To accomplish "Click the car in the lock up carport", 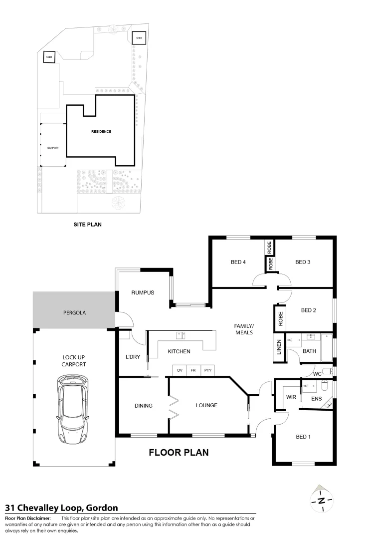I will click(x=73, y=408).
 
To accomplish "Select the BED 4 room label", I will click(x=238, y=262).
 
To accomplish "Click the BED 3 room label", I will click(x=303, y=262).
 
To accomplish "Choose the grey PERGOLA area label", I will click(x=74, y=313).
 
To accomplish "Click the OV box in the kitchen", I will click(x=180, y=371).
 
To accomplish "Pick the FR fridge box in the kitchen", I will click(x=193, y=371).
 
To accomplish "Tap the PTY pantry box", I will click(x=207, y=371).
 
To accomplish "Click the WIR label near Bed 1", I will click(x=291, y=397).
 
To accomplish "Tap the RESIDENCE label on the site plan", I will click(x=101, y=131).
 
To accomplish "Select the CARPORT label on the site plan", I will click(x=53, y=148).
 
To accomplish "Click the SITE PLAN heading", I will click(x=87, y=225).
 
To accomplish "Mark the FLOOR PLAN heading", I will click(x=179, y=453).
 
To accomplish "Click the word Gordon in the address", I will click(x=102, y=508).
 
